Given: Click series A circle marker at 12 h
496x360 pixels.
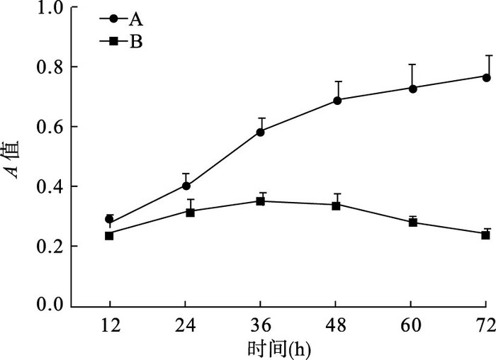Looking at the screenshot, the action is [109, 219].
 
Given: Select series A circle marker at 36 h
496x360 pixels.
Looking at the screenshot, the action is [260, 133].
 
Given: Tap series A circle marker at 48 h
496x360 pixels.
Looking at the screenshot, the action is [337, 101].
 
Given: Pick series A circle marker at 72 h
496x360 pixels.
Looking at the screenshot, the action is [487, 77].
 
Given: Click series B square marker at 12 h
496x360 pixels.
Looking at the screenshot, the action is [109, 236].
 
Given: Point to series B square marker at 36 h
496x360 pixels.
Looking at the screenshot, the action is [260, 201].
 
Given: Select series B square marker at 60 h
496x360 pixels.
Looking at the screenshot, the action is [413, 223].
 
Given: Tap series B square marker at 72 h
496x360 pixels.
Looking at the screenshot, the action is [485, 235].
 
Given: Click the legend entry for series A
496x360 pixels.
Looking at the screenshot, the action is [121, 19].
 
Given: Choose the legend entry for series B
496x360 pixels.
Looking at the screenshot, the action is [121, 41].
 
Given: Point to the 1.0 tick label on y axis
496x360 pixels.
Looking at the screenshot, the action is [50, 9].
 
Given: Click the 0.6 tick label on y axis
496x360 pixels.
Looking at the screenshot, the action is [50, 127].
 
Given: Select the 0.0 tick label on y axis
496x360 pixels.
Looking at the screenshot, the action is [50, 305].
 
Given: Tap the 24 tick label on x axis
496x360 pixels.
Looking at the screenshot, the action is [186, 325].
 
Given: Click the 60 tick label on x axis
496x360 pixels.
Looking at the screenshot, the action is [411, 325].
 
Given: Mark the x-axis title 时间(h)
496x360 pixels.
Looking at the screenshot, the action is [278, 350].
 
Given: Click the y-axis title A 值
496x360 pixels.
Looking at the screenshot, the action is [12, 160].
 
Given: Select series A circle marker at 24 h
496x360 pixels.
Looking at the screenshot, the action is [186, 186].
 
